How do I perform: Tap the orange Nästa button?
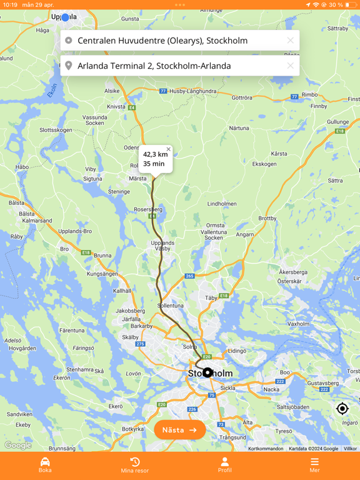180,430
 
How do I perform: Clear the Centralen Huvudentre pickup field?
290,41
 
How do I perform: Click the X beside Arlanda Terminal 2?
290,66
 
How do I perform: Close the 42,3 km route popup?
168,149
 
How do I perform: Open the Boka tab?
45,465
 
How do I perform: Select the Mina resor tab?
135,465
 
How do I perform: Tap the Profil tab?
225,465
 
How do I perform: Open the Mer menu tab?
315,465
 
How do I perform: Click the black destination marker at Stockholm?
207,372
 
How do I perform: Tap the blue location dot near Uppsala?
65,17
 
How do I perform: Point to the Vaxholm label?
299,324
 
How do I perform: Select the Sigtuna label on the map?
92,179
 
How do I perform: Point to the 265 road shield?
190,276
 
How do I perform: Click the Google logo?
17,445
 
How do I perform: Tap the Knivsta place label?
116,106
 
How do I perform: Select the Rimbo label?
310,94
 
